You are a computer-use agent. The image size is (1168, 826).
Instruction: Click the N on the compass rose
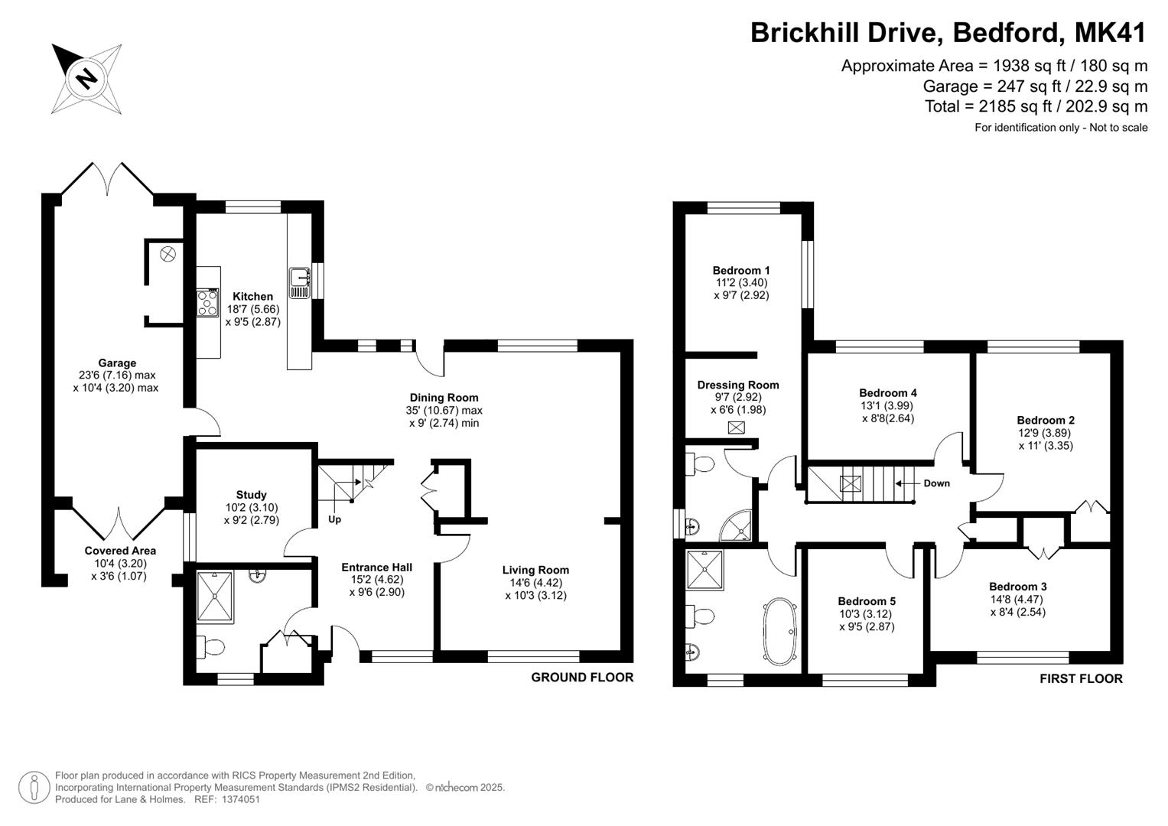(x=86, y=79)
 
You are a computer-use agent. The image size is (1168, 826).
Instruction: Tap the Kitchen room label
(x=253, y=296)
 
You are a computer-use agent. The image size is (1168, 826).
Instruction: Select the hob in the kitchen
(x=207, y=303)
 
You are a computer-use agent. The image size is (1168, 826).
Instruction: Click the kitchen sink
(x=300, y=283)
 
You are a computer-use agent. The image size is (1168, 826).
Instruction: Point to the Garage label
(x=117, y=363)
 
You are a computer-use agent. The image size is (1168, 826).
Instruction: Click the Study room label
(x=252, y=494)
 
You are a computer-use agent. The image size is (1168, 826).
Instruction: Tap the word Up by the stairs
(x=334, y=519)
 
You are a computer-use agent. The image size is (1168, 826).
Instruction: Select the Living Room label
(x=535, y=570)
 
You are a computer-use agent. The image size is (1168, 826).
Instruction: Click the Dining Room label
(x=444, y=398)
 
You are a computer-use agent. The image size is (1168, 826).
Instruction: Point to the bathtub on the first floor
(x=780, y=632)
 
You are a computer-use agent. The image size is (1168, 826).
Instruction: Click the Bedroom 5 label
(x=867, y=600)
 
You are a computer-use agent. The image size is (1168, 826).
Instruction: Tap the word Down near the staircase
(x=936, y=483)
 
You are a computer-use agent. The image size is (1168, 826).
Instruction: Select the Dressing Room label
(x=738, y=385)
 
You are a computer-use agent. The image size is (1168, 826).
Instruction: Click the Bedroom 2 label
(x=1046, y=421)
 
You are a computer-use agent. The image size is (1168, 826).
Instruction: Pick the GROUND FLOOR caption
(x=582, y=678)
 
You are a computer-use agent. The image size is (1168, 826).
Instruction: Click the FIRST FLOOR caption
(x=1081, y=678)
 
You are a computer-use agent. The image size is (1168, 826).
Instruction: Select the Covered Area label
(x=120, y=551)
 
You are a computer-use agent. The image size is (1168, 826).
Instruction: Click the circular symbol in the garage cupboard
(x=168, y=255)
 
